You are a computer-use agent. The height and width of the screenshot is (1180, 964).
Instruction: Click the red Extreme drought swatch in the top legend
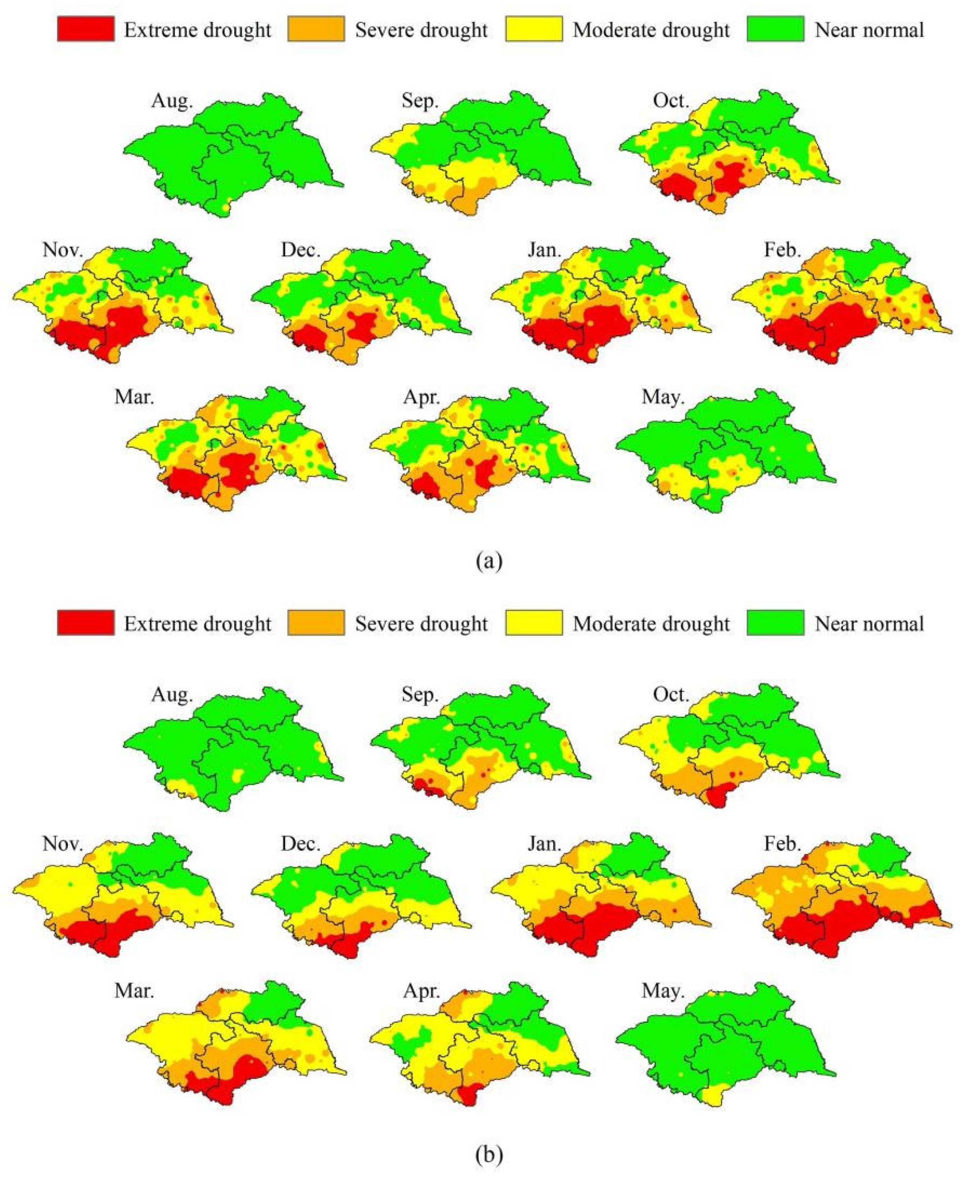click(86, 29)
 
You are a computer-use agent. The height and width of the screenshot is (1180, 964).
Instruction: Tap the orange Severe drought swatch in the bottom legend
click(316, 623)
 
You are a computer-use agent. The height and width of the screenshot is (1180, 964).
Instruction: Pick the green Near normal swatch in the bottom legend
click(775, 623)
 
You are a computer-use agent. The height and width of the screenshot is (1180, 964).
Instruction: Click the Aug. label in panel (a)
click(172, 101)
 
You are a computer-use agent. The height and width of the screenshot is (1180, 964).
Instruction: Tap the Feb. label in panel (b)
click(783, 844)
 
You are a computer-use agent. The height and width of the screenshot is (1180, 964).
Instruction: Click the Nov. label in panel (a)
click(63, 250)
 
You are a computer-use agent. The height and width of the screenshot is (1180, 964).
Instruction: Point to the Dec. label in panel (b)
click(301, 844)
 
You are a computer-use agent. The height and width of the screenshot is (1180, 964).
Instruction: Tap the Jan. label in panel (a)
click(544, 250)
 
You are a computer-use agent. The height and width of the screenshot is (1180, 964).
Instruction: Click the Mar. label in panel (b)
click(134, 991)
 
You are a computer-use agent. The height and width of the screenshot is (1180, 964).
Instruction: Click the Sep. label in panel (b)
click(420, 695)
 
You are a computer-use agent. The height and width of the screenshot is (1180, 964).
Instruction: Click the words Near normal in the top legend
click(869, 29)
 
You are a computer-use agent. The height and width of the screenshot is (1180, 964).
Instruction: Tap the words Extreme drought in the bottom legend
click(197, 623)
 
